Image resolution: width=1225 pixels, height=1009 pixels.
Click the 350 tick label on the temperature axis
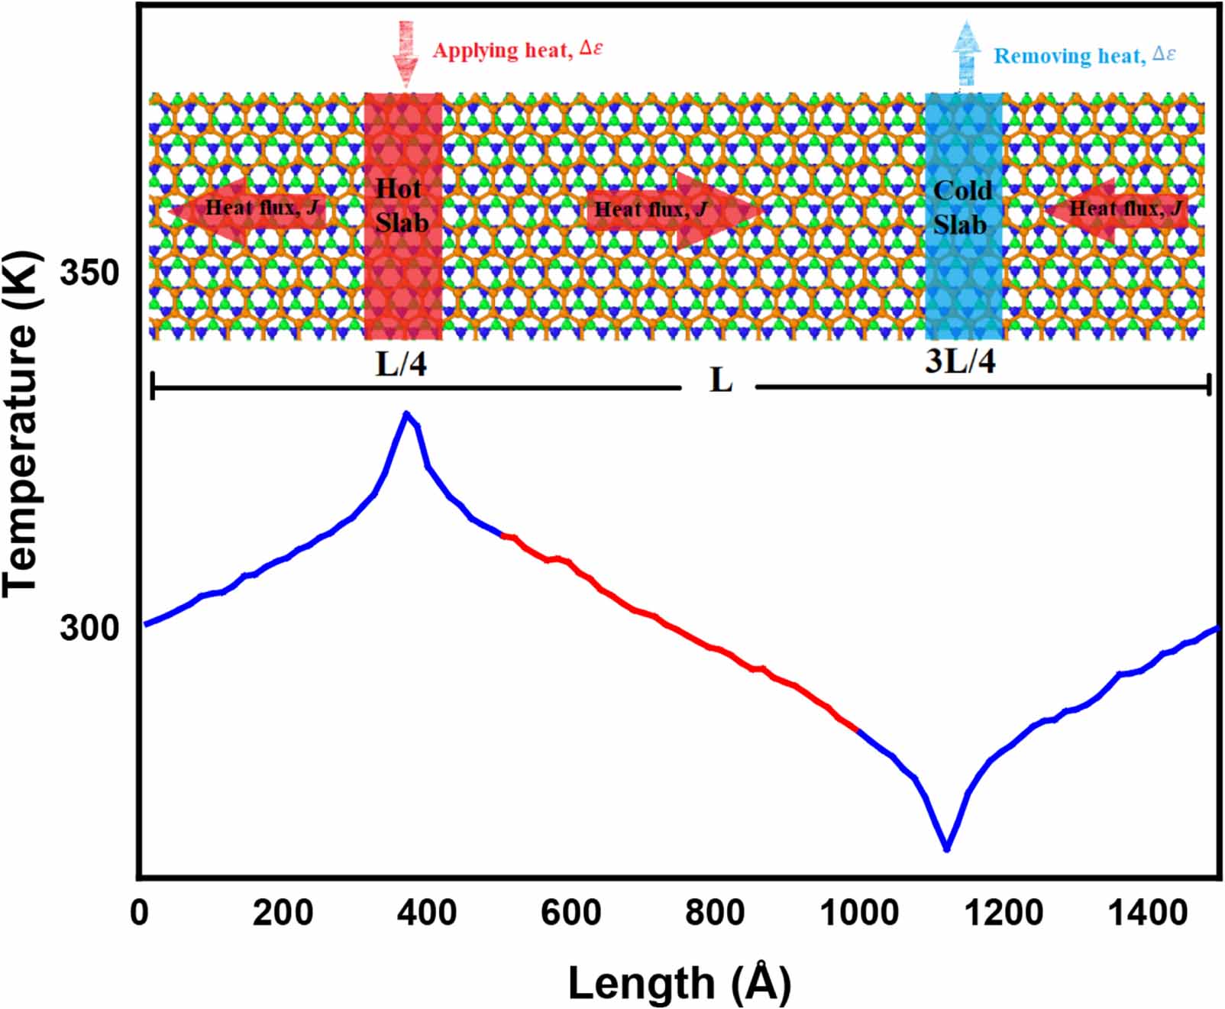[x=89, y=273]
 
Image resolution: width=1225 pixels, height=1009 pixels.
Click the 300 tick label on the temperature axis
[x=89, y=628]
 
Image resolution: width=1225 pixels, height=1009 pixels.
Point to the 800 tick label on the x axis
[x=715, y=913]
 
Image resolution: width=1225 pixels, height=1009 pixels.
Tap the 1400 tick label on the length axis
[x=1148, y=913]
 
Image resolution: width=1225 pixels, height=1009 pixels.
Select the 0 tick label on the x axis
[x=140, y=913]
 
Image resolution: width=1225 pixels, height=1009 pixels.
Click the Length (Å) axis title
[x=679, y=983]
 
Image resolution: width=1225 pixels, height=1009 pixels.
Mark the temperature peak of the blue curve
[x=407, y=414]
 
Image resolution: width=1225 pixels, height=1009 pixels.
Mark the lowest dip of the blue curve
[x=947, y=848]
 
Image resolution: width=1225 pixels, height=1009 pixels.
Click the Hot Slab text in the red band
[x=401, y=206]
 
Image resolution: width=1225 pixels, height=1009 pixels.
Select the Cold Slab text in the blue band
[x=962, y=208]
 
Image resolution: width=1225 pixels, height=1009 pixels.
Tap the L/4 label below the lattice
[x=401, y=364]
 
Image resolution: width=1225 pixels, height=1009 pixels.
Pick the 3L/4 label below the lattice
[x=960, y=361]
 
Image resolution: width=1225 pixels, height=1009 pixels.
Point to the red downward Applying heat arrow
[x=406, y=53]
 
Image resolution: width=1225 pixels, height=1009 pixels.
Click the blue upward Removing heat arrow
[x=967, y=53]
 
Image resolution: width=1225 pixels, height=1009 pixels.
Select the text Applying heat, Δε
[x=518, y=50]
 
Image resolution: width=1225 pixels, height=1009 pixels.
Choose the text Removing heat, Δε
[x=1084, y=56]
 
